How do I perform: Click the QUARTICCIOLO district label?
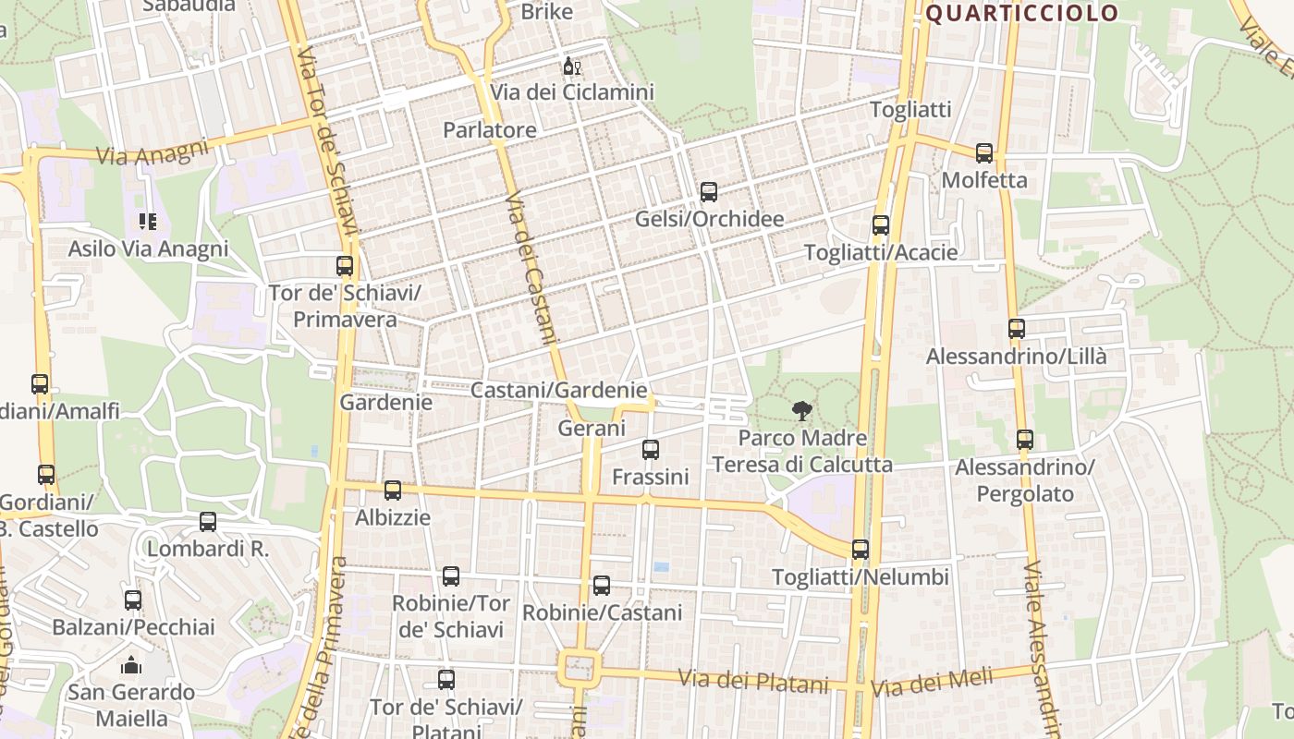(x=1021, y=14)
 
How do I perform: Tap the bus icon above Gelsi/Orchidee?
(x=709, y=192)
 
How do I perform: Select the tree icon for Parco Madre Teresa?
(x=801, y=411)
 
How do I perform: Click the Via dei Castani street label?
(x=533, y=268)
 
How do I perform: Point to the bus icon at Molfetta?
(x=984, y=153)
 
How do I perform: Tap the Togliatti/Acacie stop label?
(x=881, y=252)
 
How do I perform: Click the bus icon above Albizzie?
(x=393, y=491)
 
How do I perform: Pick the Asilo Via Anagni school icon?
(x=148, y=222)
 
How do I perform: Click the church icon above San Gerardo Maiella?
(x=131, y=665)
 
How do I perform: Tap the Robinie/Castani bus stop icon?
(x=602, y=586)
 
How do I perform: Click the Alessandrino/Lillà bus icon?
(x=1017, y=329)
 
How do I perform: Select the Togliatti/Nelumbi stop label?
(x=861, y=577)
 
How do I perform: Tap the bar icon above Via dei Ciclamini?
(x=572, y=67)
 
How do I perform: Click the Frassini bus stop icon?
(x=651, y=450)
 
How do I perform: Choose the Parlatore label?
(x=490, y=130)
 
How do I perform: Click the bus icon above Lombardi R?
(x=208, y=522)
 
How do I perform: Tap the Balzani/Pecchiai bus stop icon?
(x=133, y=600)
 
